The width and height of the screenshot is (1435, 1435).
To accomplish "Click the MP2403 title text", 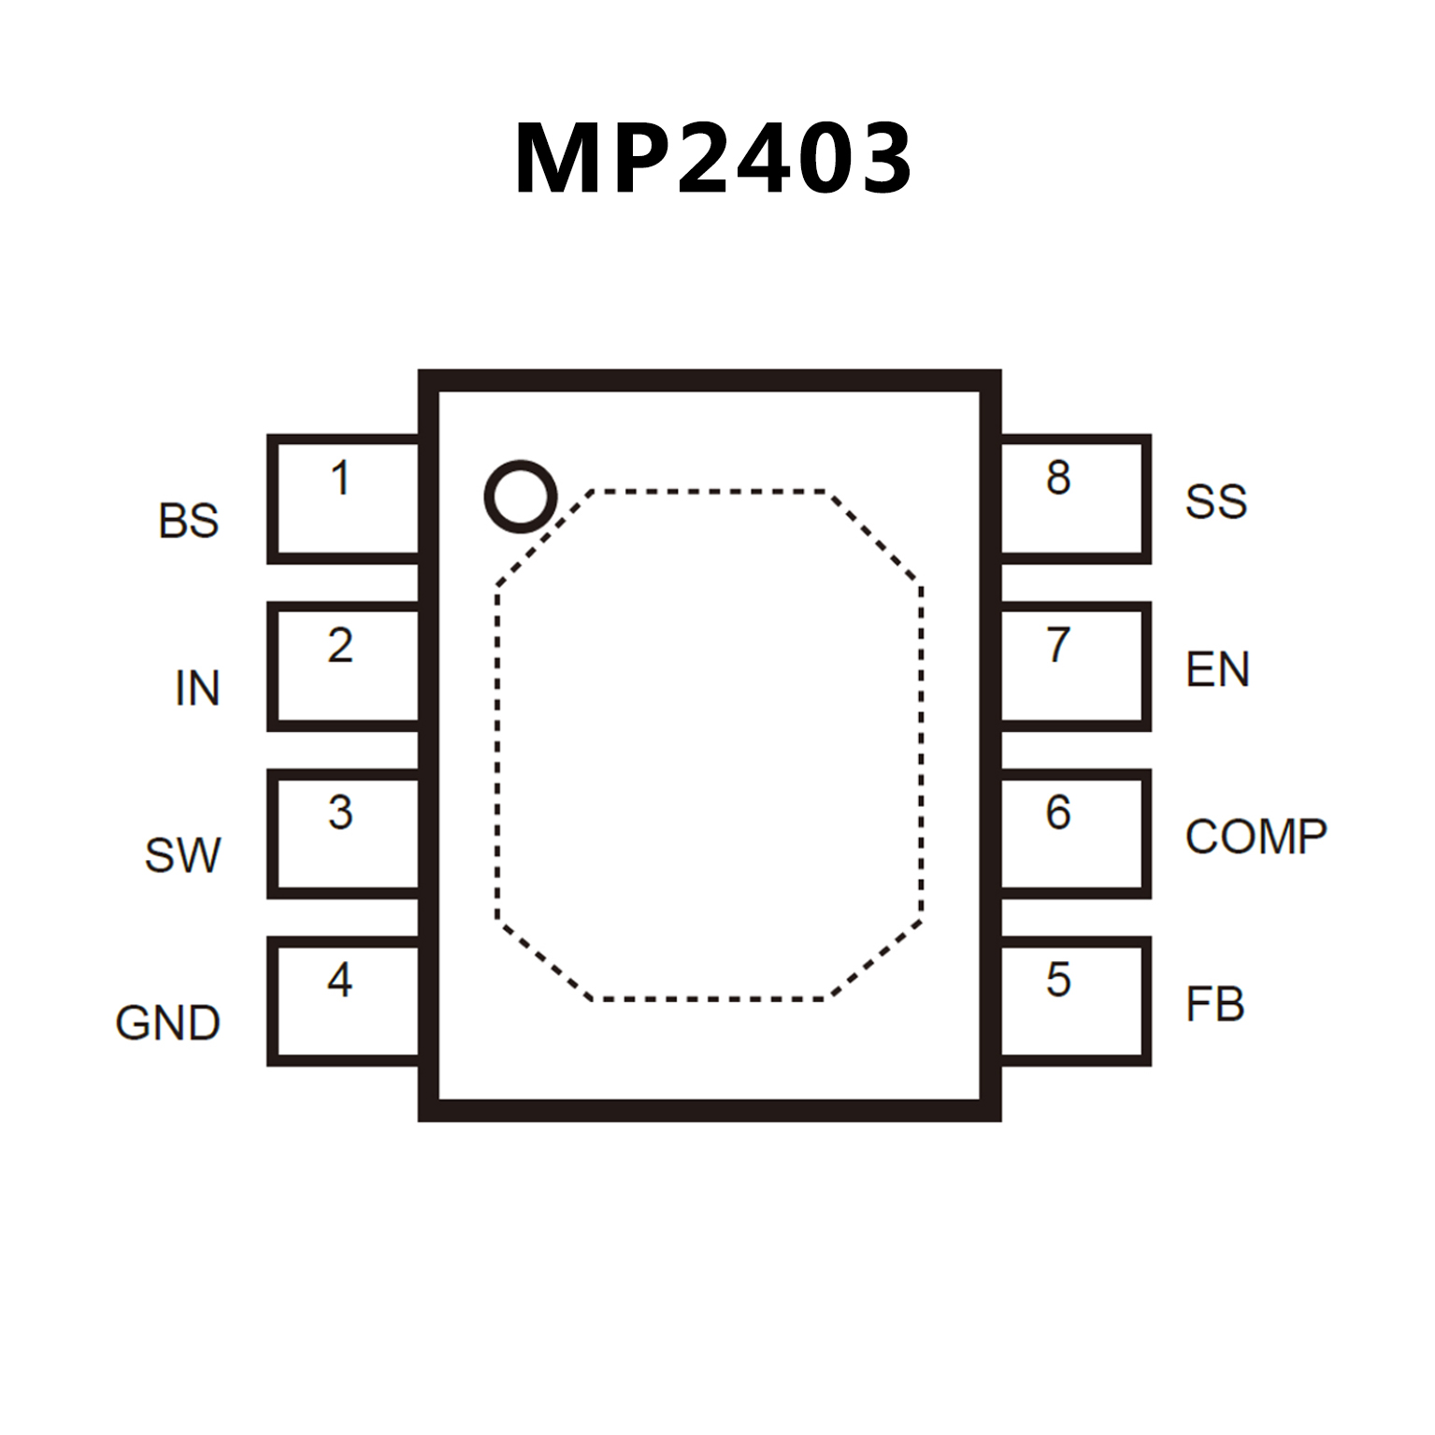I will tap(713, 159).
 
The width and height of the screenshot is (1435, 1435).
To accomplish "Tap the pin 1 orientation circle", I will tap(520, 496).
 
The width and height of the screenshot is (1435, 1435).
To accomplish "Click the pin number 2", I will tap(340, 645).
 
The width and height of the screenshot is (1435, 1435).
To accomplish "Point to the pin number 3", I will tap(340, 812).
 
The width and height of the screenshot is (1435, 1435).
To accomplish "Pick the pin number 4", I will tap(340, 980).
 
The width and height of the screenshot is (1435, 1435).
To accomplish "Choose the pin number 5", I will tap(1058, 980).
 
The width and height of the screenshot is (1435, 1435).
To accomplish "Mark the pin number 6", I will tap(1058, 812).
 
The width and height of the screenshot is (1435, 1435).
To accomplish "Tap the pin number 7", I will tap(1058, 645).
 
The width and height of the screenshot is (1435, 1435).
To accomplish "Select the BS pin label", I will tap(188, 521).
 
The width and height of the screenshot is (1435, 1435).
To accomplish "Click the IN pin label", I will tap(197, 688).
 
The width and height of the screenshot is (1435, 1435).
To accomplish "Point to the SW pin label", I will tap(182, 855).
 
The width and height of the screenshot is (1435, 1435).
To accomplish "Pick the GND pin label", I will tap(167, 1023).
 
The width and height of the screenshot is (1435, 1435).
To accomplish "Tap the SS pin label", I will tap(1215, 502).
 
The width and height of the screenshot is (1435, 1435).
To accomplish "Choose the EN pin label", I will tap(1217, 669).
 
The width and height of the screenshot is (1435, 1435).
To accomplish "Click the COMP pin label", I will tap(1256, 837).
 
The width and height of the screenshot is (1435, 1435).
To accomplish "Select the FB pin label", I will tap(1214, 1005).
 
